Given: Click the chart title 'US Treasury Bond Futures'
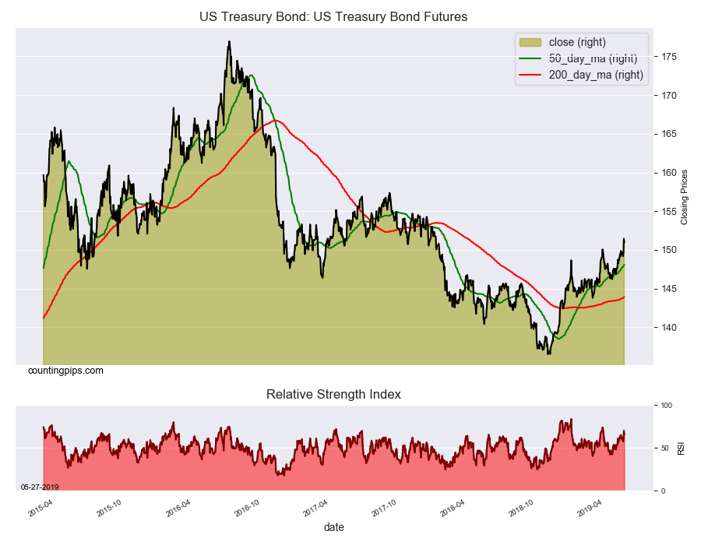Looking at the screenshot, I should (x=333, y=16).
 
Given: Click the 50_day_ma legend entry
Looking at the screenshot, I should (x=580, y=58).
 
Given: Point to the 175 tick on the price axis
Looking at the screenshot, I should (x=669, y=57).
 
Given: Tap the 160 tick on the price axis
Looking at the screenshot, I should (x=669, y=173).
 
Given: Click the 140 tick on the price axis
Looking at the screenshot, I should (x=669, y=328).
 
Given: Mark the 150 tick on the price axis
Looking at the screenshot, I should (x=669, y=250).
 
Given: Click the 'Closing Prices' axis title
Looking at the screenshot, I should (x=685, y=197).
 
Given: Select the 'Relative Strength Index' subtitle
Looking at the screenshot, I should (x=333, y=394).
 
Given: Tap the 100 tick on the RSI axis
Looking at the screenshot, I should (x=666, y=406).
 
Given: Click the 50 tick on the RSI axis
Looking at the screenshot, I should (x=664, y=448).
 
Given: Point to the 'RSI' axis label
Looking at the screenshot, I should (x=682, y=448).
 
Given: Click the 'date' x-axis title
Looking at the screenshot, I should (x=333, y=527).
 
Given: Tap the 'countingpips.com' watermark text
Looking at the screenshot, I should (x=65, y=371).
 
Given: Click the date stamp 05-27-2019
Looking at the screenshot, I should (x=40, y=487).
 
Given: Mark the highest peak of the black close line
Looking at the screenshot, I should (x=229, y=41).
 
